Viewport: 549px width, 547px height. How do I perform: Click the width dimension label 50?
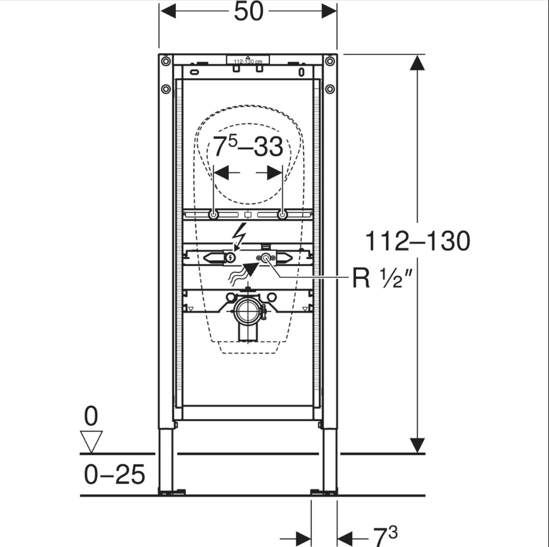(x=249, y=11)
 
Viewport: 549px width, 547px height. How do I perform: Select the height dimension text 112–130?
(x=417, y=242)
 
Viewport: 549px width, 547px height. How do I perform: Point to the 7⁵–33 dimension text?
(x=249, y=147)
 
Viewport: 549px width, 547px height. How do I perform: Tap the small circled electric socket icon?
(x=230, y=258)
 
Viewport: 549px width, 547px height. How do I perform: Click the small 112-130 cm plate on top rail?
(x=249, y=60)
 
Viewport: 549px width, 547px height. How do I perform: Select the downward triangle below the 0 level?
(x=91, y=442)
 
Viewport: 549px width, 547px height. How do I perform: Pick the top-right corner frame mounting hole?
(x=330, y=60)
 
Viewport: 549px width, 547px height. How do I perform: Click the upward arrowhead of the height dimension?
(x=417, y=62)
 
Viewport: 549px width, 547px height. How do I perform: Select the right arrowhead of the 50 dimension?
(x=328, y=11)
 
